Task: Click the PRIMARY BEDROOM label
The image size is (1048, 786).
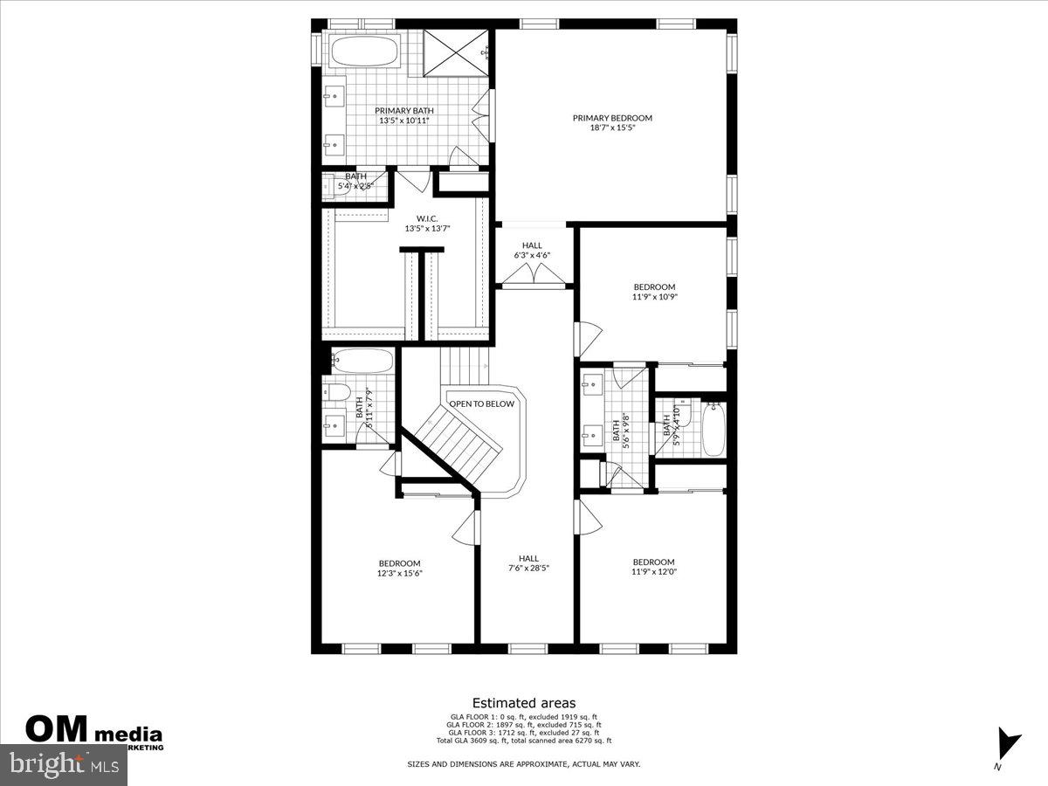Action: tap(612, 118)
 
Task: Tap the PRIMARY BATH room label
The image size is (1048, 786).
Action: tap(404, 111)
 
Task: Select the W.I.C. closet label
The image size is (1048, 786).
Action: tap(426, 218)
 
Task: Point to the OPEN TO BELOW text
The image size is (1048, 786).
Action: tap(482, 404)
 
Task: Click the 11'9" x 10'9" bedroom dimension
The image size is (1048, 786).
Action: tap(654, 297)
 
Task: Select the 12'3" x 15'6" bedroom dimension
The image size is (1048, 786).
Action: tap(399, 574)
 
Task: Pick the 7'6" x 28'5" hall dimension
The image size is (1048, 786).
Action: tap(528, 569)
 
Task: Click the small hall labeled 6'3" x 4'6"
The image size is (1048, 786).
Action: tap(532, 251)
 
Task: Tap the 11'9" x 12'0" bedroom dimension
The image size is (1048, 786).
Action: tap(654, 573)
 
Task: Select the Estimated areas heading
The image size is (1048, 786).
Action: tap(524, 702)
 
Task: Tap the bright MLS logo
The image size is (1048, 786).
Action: tap(65, 765)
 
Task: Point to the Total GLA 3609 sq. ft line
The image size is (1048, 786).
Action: tap(524, 741)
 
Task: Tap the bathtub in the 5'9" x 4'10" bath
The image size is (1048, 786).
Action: tap(714, 429)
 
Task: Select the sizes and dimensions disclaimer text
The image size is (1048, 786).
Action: tap(524, 764)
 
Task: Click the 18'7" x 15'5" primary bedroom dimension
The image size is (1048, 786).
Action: tap(612, 128)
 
